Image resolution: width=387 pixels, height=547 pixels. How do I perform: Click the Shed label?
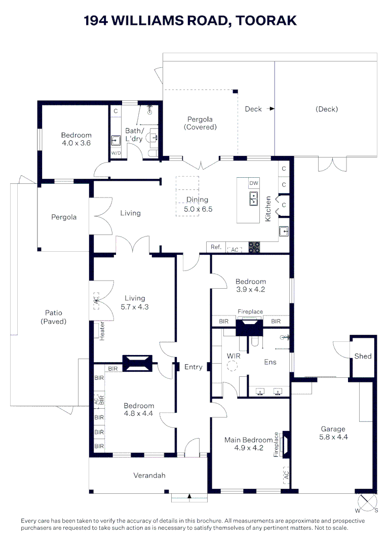click(x=363, y=356)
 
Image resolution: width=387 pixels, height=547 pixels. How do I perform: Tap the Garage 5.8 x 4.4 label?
click(x=332, y=433)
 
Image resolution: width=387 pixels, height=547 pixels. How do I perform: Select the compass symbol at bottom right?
click(x=367, y=503)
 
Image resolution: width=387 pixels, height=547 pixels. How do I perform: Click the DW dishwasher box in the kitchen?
click(x=253, y=183)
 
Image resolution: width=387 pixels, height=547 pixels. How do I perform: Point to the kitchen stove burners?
click(x=254, y=247)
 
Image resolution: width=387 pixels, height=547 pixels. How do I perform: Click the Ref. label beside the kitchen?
click(x=216, y=247)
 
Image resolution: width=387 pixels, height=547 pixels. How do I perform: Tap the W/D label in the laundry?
click(x=116, y=152)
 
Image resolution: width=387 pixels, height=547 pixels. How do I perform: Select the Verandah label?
click(x=149, y=475)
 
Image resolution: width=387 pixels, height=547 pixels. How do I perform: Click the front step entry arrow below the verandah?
click(x=189, y=496)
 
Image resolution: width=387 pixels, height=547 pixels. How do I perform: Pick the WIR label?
click(x=233, y=356)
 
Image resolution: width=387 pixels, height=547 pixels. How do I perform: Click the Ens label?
click(x=270, y=362)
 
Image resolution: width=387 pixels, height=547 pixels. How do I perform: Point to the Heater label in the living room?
click(x=102, y=330)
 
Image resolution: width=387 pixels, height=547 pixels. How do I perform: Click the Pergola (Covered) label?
click(x=200, y=123)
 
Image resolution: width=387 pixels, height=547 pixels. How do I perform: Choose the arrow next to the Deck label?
click(x=272, y=108)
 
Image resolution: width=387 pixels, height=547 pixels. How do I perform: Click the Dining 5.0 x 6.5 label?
click(x=198, y=204)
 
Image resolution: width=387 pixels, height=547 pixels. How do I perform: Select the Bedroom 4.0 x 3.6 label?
click(x=76, y=139)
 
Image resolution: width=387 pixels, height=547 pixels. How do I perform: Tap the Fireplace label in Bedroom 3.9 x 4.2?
click(x=250, y=312)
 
